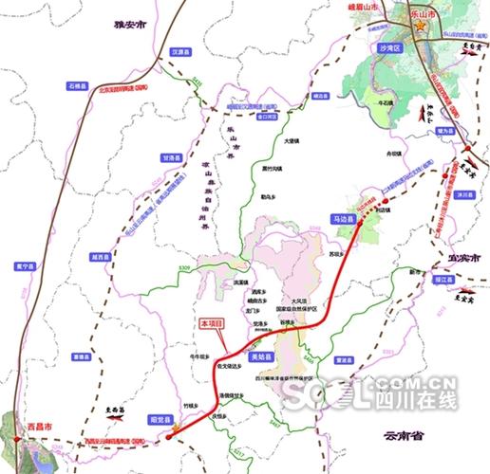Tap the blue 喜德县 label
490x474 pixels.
(81, 357)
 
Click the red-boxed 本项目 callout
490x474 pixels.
(212, 324)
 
